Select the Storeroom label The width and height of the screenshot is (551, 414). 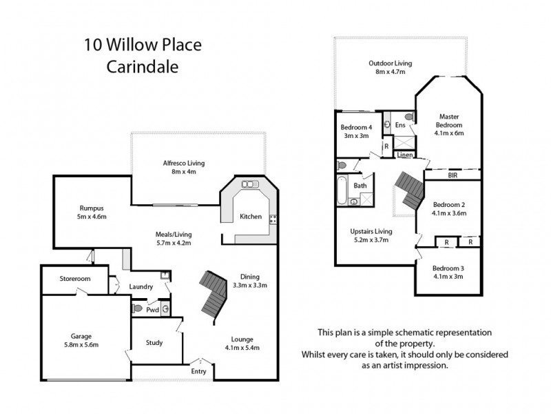[75, 279]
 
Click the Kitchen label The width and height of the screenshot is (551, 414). [250, 217]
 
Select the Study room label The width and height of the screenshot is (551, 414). [154, 343]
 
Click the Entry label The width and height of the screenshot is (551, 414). [199, 372]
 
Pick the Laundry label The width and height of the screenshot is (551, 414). [140, 287]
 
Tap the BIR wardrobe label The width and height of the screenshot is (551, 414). [452, 176]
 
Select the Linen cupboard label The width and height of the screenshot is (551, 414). [406, 155]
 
